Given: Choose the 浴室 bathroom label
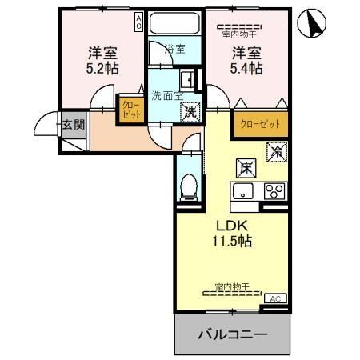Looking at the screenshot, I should (x=174, y=49).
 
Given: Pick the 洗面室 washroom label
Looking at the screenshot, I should (x=167, y=95).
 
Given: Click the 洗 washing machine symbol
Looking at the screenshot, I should (x=190, y=112).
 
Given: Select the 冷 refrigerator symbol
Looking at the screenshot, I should (x=277, y=150).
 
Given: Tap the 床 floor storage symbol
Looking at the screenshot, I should (x=246, y=167).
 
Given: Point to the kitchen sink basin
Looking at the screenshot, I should (x=242, y=192).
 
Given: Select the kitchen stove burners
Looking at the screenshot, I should (x=274, y=191).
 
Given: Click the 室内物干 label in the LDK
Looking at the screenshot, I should (x=233, y=286).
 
